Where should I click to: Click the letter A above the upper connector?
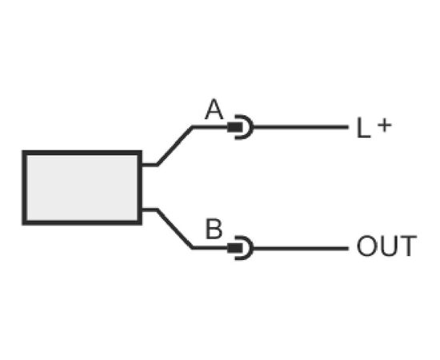pyautogui.click(x=214, y=109)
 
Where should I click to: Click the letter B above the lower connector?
pyautogui.click(x=214, y=229)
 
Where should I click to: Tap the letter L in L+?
pyautogui.click(x=363, y=128)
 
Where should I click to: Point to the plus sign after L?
pyautogui.click(x=384, y=125)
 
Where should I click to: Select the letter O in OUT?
pyautogui.click(x=366, y=246)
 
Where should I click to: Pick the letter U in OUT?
pyautogui.click(x=386, y=246)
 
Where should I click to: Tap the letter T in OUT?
pyautogui.click(x=407, y=246)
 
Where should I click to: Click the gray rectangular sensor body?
pyautogui.click(x=82, y=188)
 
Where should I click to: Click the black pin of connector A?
pyautogui.click(x=234, y=127)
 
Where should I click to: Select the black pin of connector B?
pyautogui.click(x=234, y=248)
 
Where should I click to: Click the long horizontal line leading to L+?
pyautogui.click(x=301, y=127)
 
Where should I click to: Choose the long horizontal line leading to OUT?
pyautogui.click(x=301, y=248)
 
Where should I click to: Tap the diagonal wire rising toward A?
pyautogui.click(x=175, y=146)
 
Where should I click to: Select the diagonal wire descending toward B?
pyautogui.click(x=175, y=229)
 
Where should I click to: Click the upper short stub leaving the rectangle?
pyautogui.click(x=149, y=165)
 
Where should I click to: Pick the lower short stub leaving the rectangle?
pyautogui.click(x=149, y=210)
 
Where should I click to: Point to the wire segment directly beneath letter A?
pyautogui.click(x=210, y=127)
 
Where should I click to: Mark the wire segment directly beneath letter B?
pyautogui.click(x=210, y=248)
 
